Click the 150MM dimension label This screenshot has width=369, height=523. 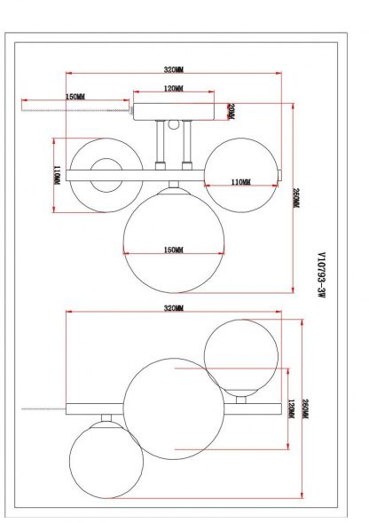(75, 96)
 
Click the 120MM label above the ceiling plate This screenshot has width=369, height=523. (173, 90)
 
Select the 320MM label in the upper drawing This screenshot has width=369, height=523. (173, 69)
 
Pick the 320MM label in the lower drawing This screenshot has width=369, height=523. (173, 308)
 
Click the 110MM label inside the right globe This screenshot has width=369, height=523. (240, 182)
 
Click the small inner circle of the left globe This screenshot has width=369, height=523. (104, 171)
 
